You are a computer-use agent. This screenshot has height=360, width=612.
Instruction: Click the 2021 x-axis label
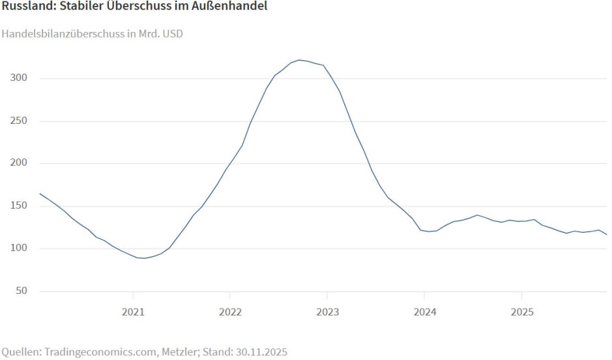133,312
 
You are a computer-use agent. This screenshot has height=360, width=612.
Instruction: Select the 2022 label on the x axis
230,312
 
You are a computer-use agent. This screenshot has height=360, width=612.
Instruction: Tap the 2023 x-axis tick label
327,312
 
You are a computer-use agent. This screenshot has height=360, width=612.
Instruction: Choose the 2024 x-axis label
424,312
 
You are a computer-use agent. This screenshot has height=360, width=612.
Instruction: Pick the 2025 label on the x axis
521,312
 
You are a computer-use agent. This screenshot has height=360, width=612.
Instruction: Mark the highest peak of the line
299,60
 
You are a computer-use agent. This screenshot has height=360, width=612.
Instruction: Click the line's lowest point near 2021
144,258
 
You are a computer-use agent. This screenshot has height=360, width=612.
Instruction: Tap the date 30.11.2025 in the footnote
262,352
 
